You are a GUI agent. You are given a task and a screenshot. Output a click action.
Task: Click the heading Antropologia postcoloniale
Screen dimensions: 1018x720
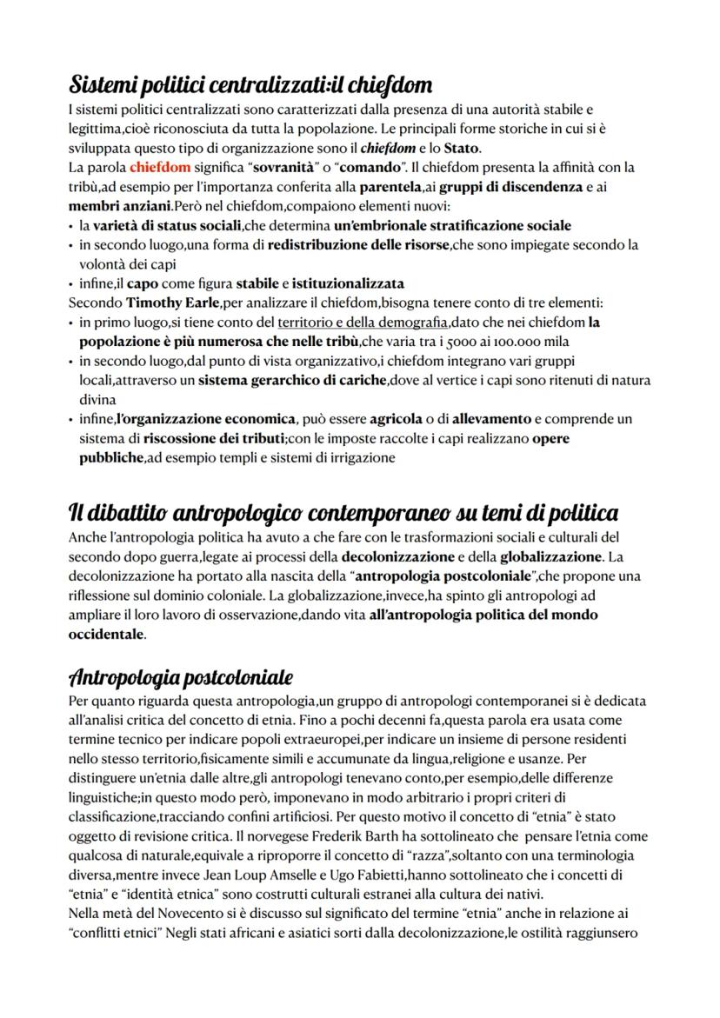(180, 676)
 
